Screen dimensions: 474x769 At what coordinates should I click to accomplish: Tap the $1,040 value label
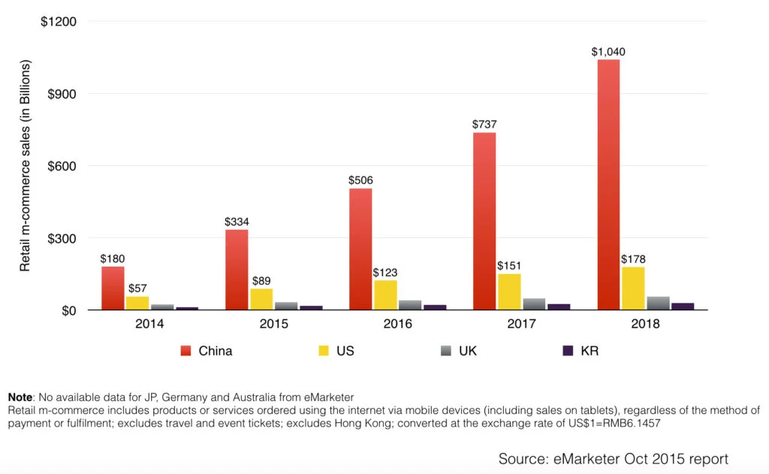[608, 52]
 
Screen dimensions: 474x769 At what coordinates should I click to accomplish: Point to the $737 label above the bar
[484, 125]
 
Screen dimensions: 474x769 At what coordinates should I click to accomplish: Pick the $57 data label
[137, 288]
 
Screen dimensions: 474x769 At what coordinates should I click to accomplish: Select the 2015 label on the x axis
[273, 325]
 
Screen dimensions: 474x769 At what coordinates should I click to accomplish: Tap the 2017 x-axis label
[521, 325]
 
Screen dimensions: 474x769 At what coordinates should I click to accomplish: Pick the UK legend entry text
[468, 351]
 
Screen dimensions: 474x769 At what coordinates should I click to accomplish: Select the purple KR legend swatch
[568, 351]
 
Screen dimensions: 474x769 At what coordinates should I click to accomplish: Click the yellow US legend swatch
[324, 351]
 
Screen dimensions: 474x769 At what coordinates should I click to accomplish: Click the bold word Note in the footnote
[20, 397]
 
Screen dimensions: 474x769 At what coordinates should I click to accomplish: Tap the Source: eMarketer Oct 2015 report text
[613, 458]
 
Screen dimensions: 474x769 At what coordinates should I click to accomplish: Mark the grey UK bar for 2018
[658, 303]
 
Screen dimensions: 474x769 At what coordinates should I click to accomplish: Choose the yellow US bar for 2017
[509, 291]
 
